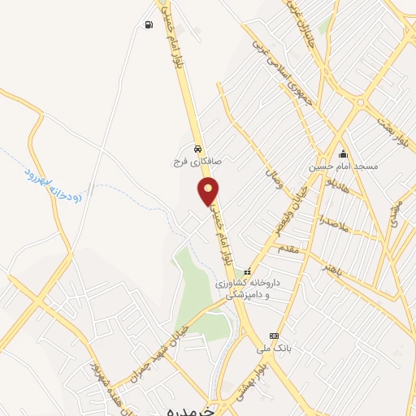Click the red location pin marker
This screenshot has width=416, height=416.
point(209,192)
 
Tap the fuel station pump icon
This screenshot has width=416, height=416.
point(147,24)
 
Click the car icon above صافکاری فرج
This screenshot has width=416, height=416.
point(198,149)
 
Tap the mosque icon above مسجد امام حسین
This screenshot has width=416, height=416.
point(344,154)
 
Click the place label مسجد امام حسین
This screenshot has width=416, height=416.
point(344,167)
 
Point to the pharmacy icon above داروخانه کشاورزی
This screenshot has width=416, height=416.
point(249,271)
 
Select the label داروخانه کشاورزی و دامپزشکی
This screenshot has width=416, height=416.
point(248,290)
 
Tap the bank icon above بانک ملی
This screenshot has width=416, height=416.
point(274,336)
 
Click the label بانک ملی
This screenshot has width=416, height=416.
point(273,349)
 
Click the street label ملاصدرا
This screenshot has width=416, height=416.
point(333,222)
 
